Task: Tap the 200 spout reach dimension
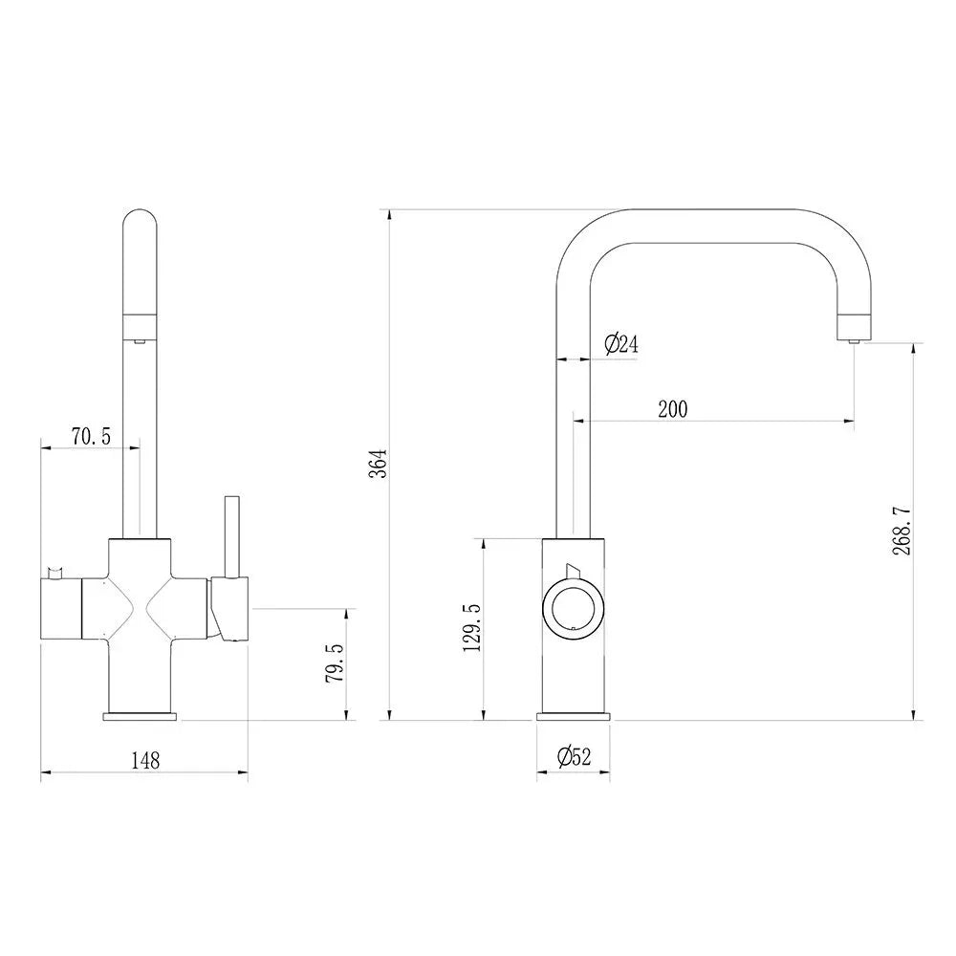[672, 409]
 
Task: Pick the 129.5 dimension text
[470, 628]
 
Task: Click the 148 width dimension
[144, 761]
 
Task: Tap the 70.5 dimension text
[91, 437]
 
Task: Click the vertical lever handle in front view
[230, 535]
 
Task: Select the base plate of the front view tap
[141, 715]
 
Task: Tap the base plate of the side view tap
[574, 715]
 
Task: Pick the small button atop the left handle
[55, 571]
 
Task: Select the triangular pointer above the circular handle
[572, 571]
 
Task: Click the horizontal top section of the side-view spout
[707, 224]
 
